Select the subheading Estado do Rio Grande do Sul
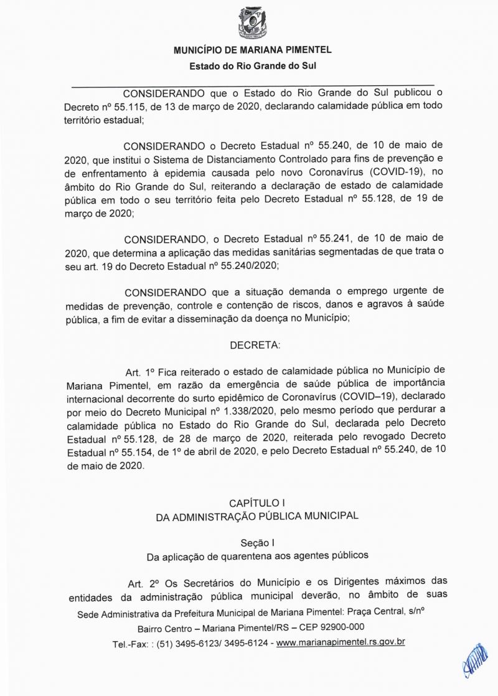tap(251, 65)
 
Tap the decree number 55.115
tap(118, 106)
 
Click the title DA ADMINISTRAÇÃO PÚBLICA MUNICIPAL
tap(257, 515)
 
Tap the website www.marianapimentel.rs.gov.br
tap(341, 641)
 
